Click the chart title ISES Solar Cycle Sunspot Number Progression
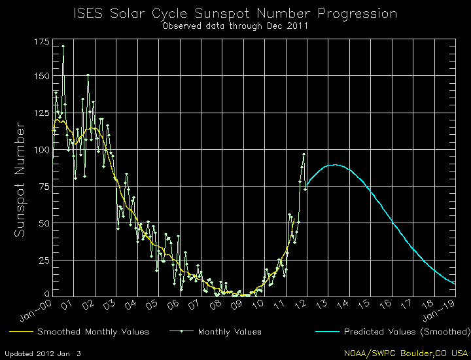(x=235, y=13)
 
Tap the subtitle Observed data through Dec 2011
(x=235, y=27)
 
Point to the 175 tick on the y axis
(x=40, y=42)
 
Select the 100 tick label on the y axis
(x=40, y=150)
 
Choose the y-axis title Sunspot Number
(x=20, y=179)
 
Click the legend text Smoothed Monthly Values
(x=93, y=332)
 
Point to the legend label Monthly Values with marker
(x=230, y=332)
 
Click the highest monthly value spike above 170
(x=63, y=46)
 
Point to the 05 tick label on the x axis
(x=152, y=305)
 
